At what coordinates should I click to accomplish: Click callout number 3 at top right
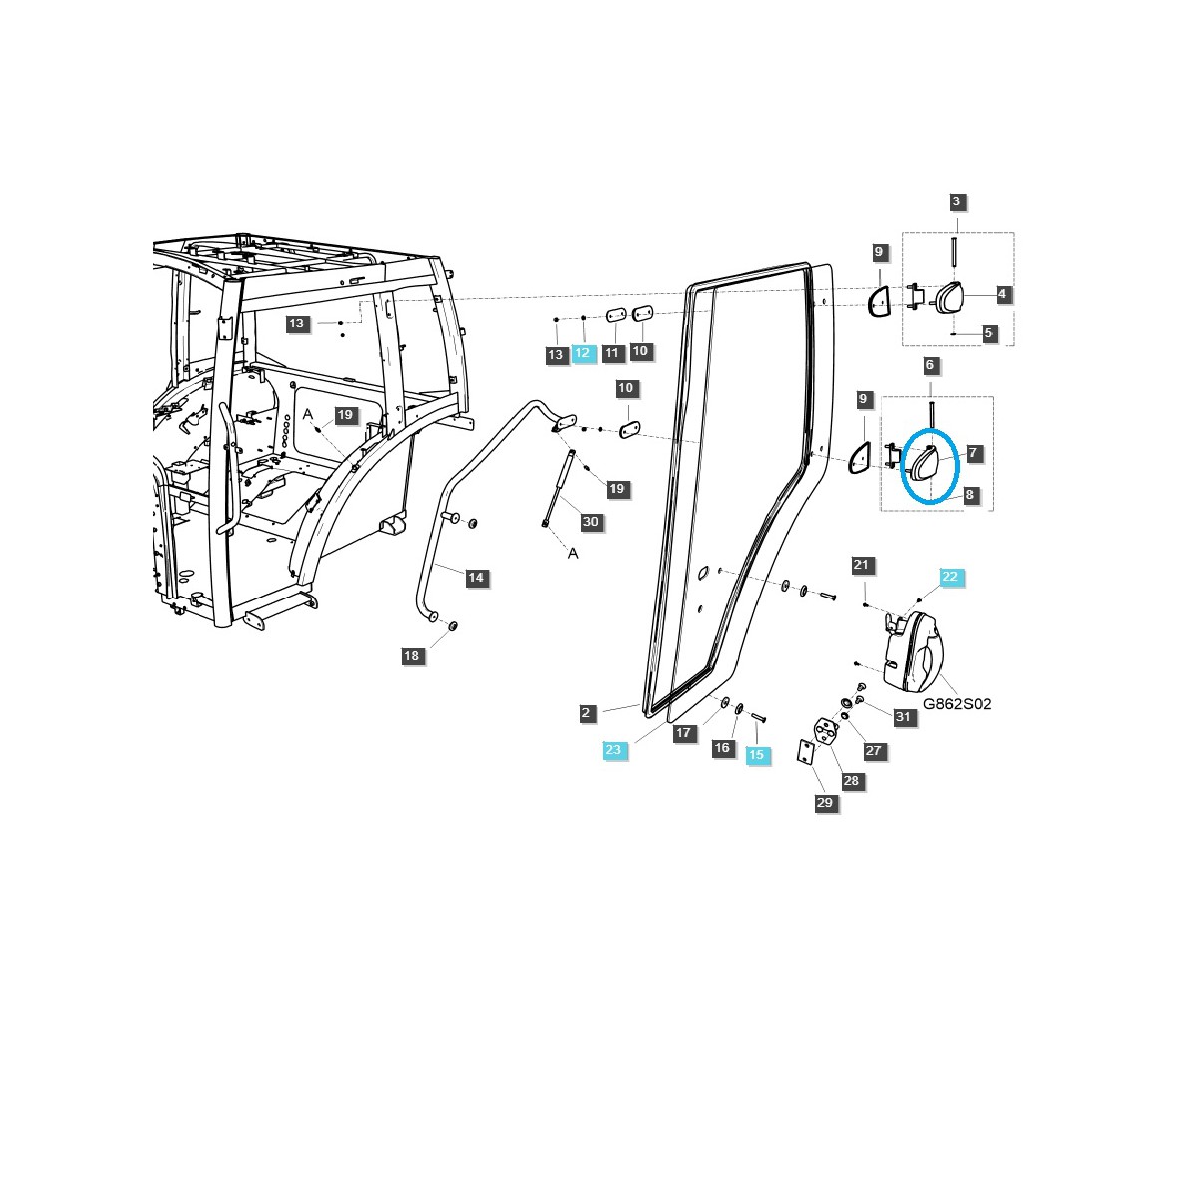coord(956,201)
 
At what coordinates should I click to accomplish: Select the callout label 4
coord(1002,294)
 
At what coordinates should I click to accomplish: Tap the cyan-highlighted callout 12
coord(583,353)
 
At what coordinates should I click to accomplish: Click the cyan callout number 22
coord(949,577)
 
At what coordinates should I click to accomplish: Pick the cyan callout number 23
coord(615,750)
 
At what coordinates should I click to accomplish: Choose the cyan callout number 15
coord(756,755)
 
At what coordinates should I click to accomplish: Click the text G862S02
coord(957,703)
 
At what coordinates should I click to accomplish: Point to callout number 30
coord(590,522)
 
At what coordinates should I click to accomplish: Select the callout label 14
coord(476,577)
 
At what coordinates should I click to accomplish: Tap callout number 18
coord(411,655)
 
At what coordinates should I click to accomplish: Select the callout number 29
coord(824,802)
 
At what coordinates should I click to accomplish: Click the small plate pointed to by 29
coord(804,753)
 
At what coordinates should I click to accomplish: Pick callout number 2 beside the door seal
coord(587,712)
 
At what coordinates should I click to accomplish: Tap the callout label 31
coord(903,716)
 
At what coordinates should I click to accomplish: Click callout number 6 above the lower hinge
coord(930,365)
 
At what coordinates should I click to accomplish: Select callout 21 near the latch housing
coord(861,565)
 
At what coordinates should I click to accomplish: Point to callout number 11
coord(612,351)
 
